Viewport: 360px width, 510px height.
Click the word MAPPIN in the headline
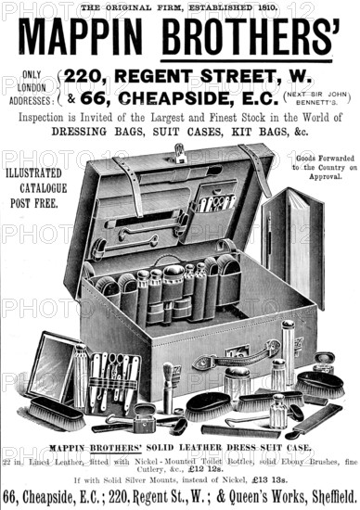(x=83, y=37)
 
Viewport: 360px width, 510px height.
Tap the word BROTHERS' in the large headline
(x=251, y=37)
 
